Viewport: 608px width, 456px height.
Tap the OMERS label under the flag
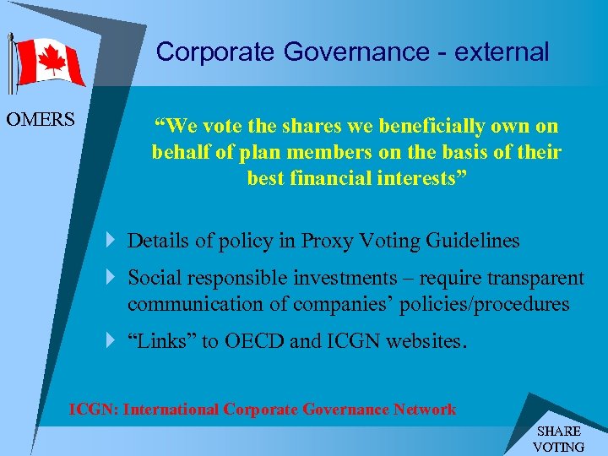tap(41, 120)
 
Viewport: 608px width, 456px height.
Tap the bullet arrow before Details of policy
tap(112, 241)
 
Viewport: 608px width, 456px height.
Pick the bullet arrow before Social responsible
tap(112, 278)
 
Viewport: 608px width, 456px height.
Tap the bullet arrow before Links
tap(112, 342)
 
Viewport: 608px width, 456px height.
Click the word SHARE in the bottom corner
tap(559, 432)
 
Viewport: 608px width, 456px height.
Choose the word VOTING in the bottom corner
tap(559, 447)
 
